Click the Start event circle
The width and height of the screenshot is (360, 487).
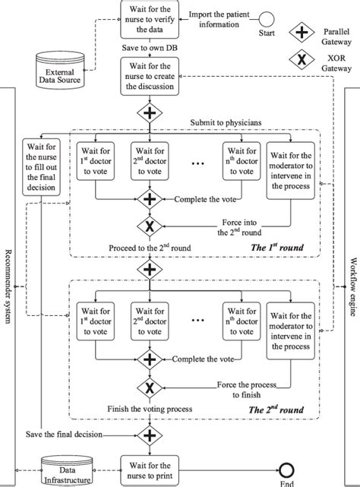click(266, 18)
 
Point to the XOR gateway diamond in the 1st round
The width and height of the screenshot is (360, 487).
click(149, 225)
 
